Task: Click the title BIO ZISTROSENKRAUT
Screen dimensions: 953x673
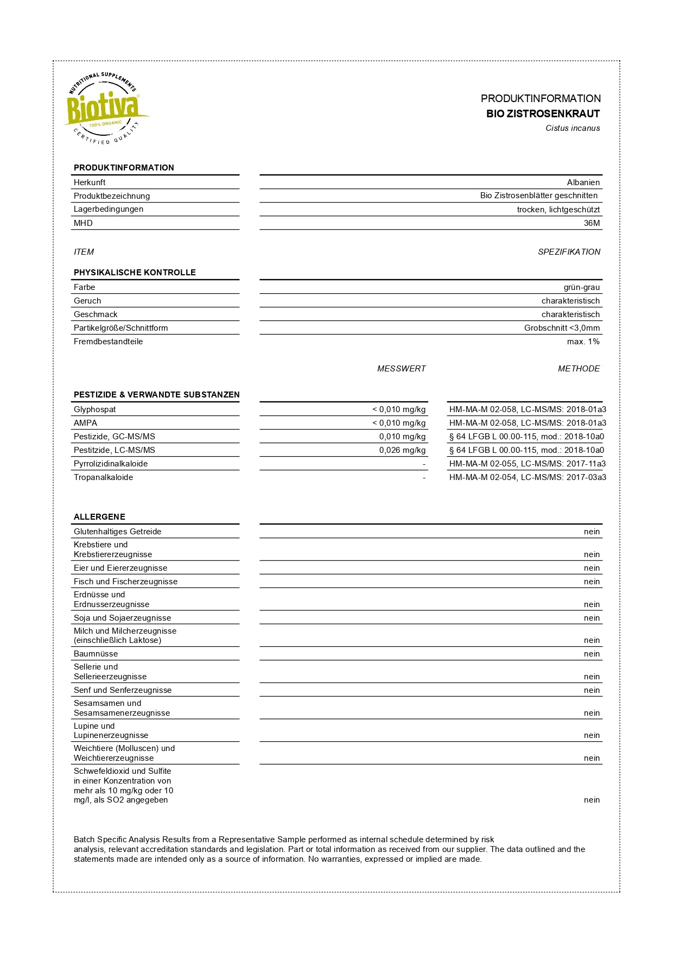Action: (543, 113)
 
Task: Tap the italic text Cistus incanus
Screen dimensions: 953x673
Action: (573, 128)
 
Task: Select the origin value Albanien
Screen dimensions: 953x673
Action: (583, 182)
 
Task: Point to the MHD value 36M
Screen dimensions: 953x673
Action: (592, 223)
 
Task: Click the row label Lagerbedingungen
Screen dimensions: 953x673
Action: (109, 209)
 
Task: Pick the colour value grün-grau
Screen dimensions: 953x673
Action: (581, 287)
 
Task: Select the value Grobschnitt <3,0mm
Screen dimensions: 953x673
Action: (562, 328)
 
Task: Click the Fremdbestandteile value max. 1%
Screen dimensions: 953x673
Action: (583, 342)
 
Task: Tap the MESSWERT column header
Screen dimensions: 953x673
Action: (401, 369)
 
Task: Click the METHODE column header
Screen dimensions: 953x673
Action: (579, 369)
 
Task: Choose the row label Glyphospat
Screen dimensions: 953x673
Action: (95, 409)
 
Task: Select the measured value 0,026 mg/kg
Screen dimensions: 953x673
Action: (402, 450)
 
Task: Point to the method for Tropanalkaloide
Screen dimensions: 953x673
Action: (528, 477)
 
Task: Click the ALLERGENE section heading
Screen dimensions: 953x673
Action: (99, 517)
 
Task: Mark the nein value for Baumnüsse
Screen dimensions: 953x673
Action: (592, 654)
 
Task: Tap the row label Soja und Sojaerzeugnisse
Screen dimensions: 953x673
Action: (122, 618)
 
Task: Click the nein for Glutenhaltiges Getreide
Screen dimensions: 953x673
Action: (592, 532)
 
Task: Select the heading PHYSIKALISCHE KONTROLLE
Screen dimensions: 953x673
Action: (135, 273)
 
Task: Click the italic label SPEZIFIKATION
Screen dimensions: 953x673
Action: (569, 252)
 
